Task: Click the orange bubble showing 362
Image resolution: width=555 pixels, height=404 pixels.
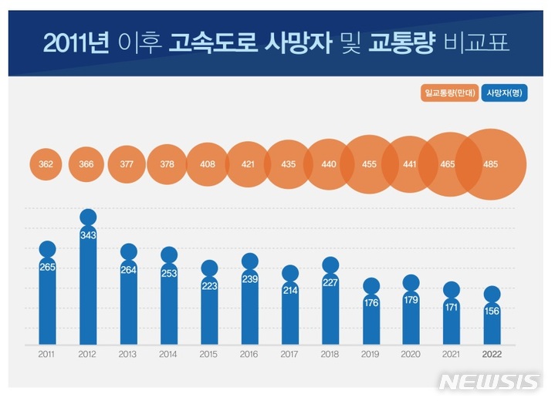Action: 47,164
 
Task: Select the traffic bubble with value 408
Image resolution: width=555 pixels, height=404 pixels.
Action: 208,164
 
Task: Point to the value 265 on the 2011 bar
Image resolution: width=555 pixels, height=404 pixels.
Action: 47,267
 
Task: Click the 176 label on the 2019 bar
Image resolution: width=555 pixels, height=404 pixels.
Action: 371,302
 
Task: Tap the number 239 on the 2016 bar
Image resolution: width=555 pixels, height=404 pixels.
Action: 249,278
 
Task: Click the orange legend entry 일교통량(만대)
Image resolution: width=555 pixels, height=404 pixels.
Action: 448,93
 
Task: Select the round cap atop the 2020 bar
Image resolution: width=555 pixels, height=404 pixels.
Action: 411,283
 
